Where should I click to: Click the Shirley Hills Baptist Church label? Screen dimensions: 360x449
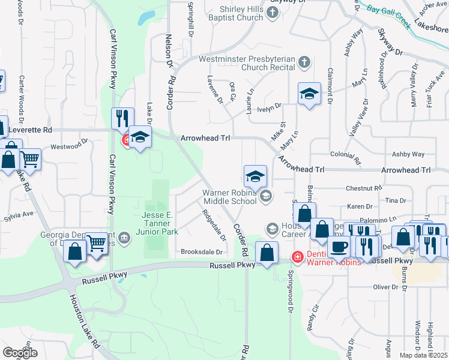point(234,14)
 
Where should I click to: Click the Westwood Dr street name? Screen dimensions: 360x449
point(69,146)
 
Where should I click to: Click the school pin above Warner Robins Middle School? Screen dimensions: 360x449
point(255,176)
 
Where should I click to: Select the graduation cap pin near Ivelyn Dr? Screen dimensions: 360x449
point(309,94)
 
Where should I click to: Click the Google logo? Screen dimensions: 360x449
point(20,352)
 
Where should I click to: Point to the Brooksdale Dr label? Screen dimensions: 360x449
point(202,252)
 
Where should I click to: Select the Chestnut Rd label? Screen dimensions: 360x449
point(364,188)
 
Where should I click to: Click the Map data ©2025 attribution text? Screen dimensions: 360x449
point(423,355)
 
